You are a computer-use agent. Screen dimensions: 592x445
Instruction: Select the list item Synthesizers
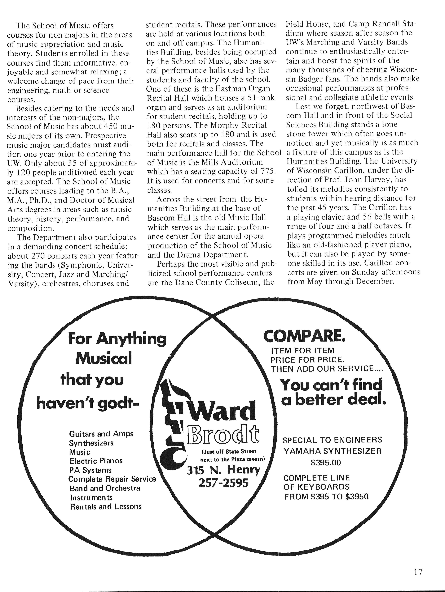coord(91,443)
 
